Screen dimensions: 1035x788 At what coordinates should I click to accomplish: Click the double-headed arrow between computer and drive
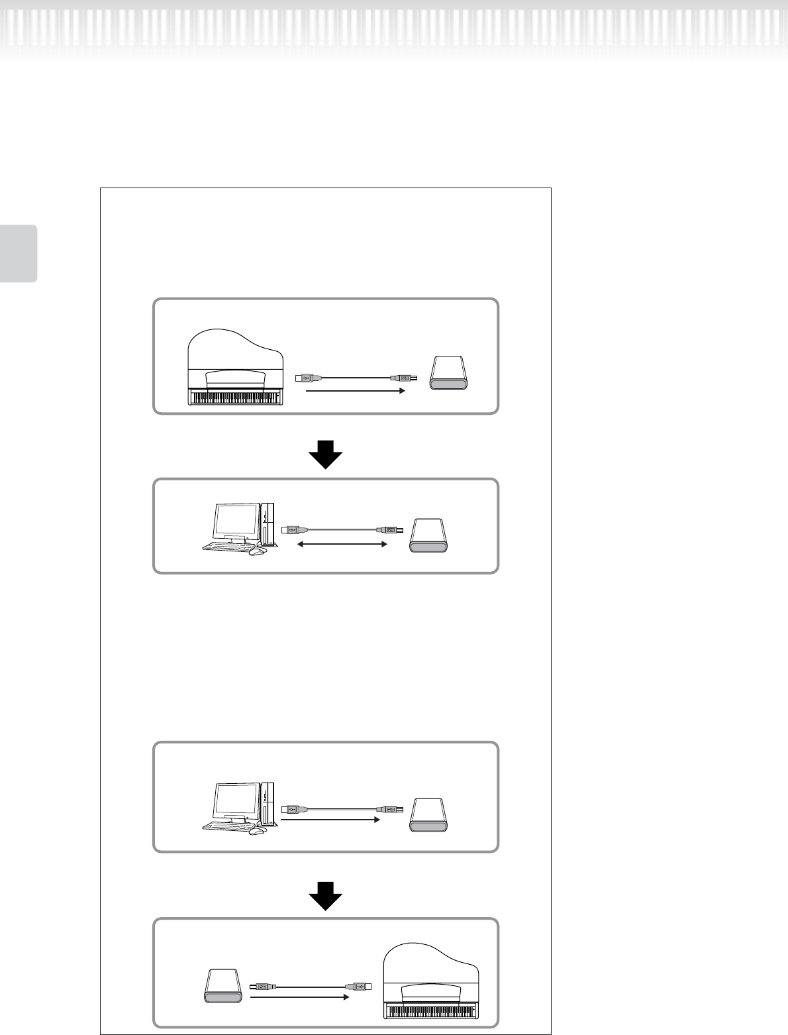(x=341, y=544)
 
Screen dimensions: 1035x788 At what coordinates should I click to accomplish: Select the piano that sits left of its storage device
(x=236, y=368)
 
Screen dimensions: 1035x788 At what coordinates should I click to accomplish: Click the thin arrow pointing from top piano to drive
(x=355, y=392)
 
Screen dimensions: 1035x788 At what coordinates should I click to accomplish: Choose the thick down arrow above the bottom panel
(x=325, y=899)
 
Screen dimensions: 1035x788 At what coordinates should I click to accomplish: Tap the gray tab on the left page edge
(x=19, y=253)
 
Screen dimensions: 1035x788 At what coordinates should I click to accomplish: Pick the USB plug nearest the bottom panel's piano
(x=361, y=986)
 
